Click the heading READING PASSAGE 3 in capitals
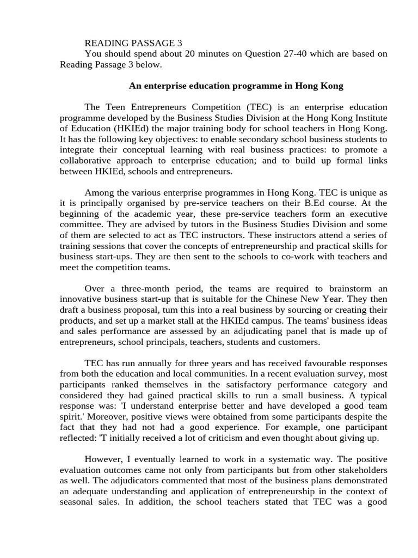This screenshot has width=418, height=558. tap(133, 43)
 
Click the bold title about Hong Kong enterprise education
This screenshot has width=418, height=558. tap(236, 86)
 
